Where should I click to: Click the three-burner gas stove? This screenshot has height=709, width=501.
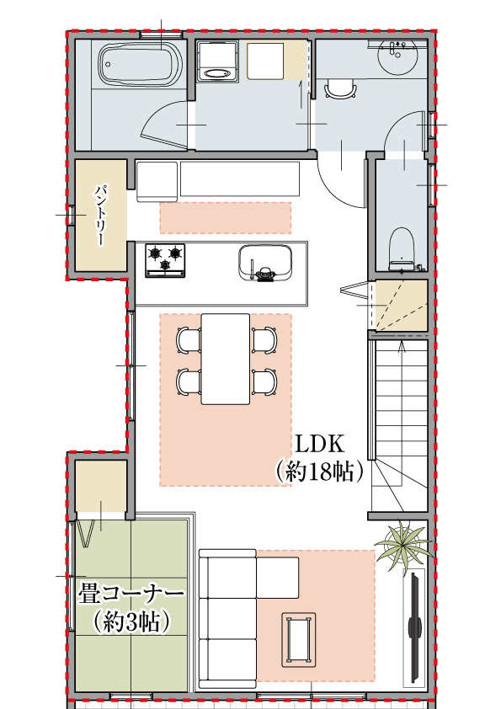click(x=165, y=259)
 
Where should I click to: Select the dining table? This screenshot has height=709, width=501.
click(x=225, y=358)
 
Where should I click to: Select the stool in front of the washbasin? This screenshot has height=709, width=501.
click(x=340, y=88)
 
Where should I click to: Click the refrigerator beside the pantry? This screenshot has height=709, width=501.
click(x=157, y=179)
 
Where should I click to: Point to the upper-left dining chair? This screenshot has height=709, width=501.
click(x=188, y=339)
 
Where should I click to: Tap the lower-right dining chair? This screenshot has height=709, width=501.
click(x=264, y=381)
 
